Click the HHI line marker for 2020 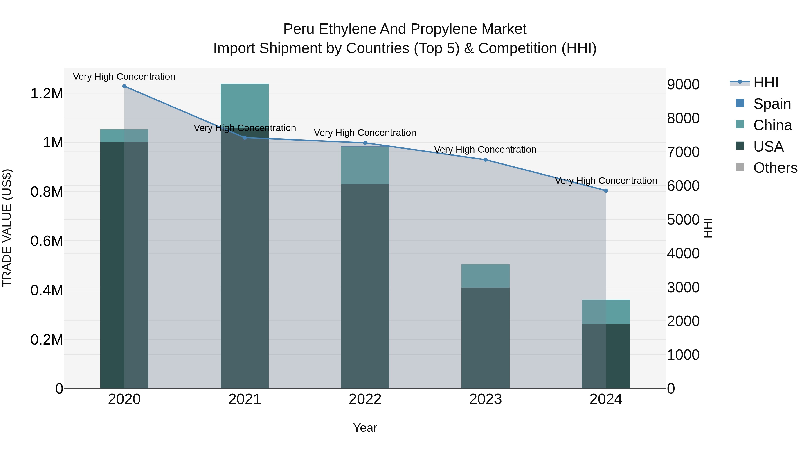124,86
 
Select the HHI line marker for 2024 606,191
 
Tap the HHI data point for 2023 486,160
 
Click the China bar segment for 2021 245,105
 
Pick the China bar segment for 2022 365,165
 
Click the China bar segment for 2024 606,312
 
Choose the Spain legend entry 772,104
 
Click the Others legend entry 775,168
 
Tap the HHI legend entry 766,82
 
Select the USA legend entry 768,146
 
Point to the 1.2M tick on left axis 47,93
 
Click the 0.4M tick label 47,290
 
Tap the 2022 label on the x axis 365,399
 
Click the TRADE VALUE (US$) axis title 7,228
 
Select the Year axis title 365,428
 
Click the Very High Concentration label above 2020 124,77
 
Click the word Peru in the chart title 299,29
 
